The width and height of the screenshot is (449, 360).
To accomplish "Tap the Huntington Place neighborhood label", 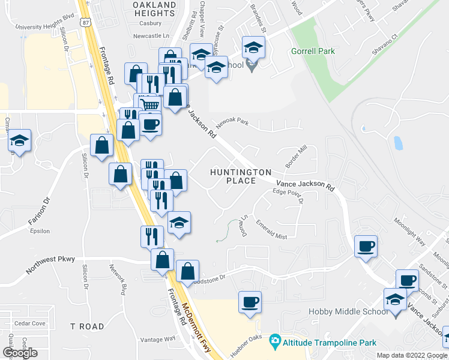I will coord(241,176).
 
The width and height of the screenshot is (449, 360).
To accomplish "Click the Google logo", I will coord(19,352).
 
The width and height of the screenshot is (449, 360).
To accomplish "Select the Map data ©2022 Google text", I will coord(411,355).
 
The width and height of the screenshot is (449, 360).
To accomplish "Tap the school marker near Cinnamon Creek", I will coord(20,142).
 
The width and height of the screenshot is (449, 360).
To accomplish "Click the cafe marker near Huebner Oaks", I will coord(249,302).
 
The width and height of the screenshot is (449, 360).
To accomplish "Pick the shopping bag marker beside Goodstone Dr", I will coord(188,272).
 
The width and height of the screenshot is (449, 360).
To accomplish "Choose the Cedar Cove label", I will coord(31,323).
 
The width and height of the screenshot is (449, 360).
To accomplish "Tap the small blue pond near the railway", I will coord(397,143).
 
